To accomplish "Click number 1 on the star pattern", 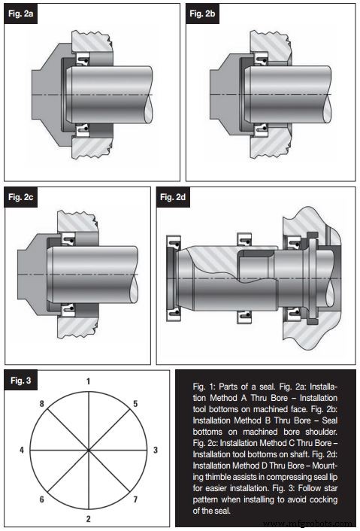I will pyautogui.click(x=89, y=381).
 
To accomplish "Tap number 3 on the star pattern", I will pyautogui.click(x=155, y=450).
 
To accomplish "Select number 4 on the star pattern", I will pyautogui.click(x=22, y=450).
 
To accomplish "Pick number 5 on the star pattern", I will pyautogui.click(x=135, y=403).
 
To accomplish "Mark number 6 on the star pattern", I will pyautogui.click(x=41, y=499).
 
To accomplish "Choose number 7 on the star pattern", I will pyautogui.click(x=136, y=499).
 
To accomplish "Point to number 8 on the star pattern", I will pyautogui.click(x=41, y=403).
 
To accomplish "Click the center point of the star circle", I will pyautogui.click(x=89, y=451).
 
